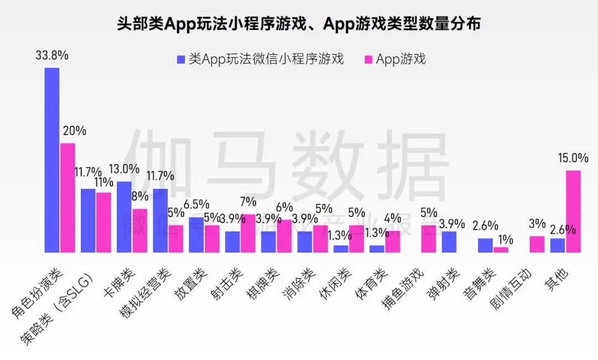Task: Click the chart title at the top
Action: click(299, 24)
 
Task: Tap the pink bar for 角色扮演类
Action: click(68, 197)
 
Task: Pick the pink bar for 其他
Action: click(573, 211)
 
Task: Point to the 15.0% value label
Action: click(573, 158)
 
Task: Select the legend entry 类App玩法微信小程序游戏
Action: click(260, 59)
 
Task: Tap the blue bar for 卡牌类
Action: click(124, 217)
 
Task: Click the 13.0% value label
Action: click(123, 169)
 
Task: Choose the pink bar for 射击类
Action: click(248, 233)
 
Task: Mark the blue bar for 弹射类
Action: click(449, 241)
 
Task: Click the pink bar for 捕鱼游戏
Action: click(429, 239)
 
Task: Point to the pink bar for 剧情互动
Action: click(537, 244)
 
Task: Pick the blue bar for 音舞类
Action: click(485, 245)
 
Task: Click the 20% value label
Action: click(74, 131)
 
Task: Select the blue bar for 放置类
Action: click(197, 234)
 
